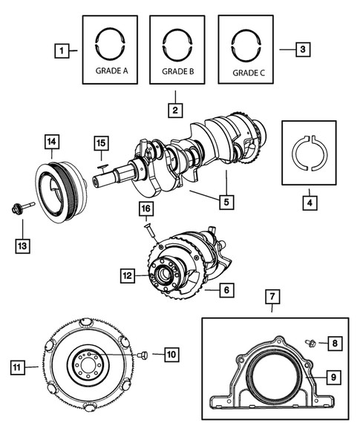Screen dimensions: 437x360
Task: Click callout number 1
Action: click(x=64, y=51)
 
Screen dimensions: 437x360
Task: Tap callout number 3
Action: click(x=301, y=50)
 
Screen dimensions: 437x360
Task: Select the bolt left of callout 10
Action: click(x=144, y=355)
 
